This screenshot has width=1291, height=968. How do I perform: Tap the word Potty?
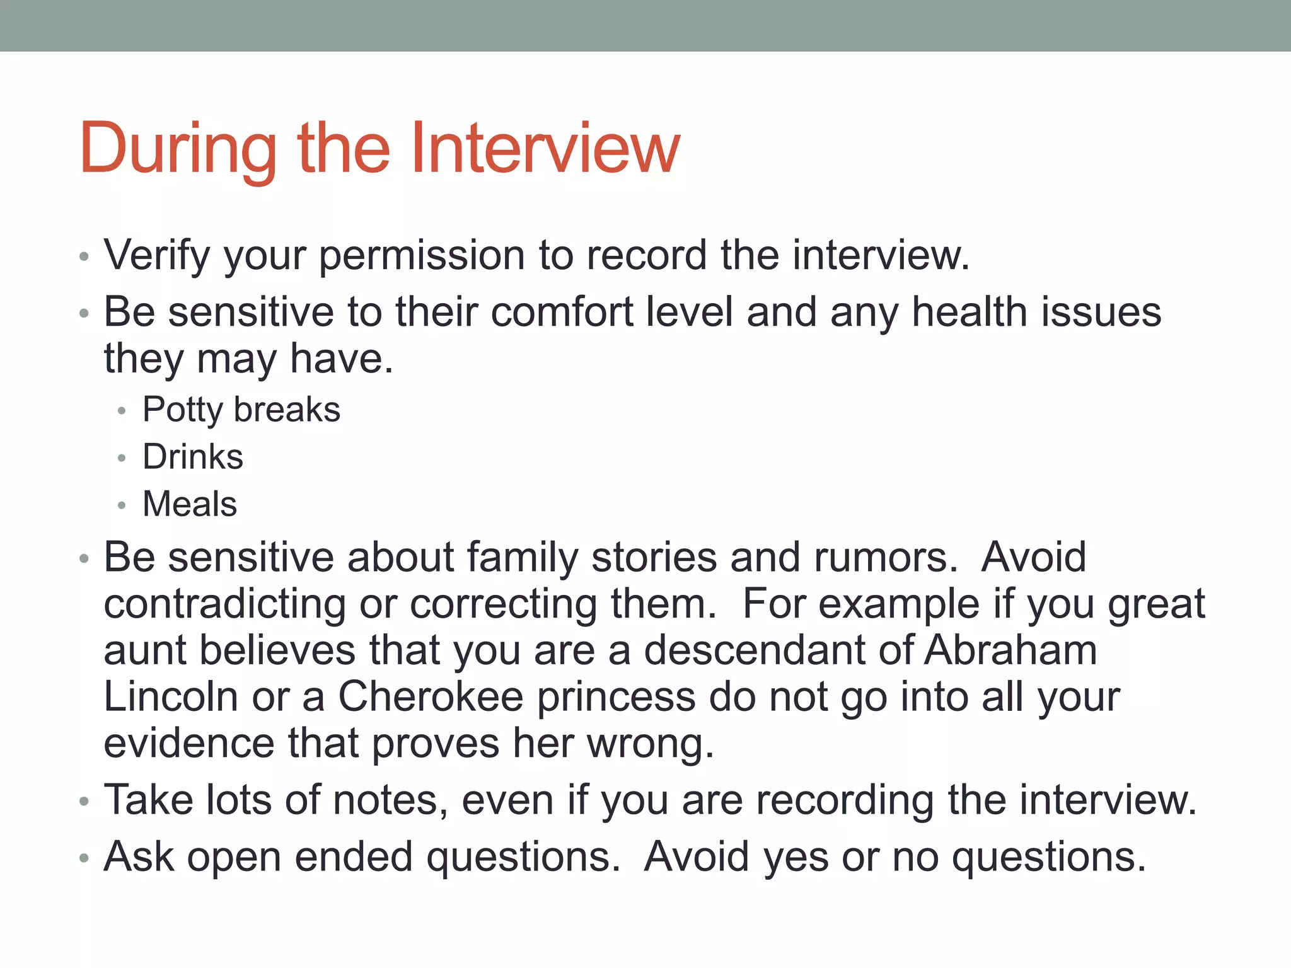182,410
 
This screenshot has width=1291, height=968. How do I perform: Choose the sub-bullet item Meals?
190,504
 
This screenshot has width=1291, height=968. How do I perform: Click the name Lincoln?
171,697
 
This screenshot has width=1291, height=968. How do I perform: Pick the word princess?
616,698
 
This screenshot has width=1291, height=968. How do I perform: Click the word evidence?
189,744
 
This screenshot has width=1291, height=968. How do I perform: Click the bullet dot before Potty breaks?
122,412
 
